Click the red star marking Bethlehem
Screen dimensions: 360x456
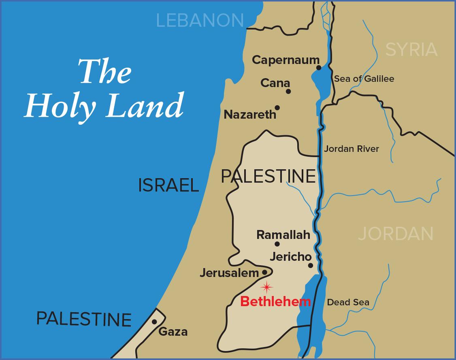pyautogui.click(x=266, y=288)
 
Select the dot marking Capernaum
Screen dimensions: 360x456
pyautogui.click(x=319, y=68)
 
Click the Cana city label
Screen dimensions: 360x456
pyautogui.click(x=275, y=83)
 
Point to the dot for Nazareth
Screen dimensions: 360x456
pyautogui.click(x=277, y=108)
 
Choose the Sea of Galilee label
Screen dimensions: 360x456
pyautogui.click(x=364, y=79)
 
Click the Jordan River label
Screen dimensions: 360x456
pyautogui.click(x=351, y=149)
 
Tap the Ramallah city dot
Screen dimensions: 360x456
pyautogui.click(x=277, y=244)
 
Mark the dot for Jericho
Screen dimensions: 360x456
pyautogui.click(x=311, y=266)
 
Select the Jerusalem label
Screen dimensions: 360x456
pyautogui.click(x=229, y=273)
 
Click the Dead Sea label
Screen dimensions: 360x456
pyautogui.click(x=348, y=302)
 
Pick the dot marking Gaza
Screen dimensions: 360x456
pyautogui.click(x=154, y=322)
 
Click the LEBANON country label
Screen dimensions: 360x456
pyautogui.click(x=200, y=20)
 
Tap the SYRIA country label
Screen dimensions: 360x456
pyautogui.click(x=411, y=50)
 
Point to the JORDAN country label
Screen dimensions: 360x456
pyautogui.click(x=396, y=234)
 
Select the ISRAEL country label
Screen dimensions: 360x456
pyautogui.click(x=168, y=185)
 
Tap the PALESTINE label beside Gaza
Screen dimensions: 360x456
pyautogui.click(x=84, y=319)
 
